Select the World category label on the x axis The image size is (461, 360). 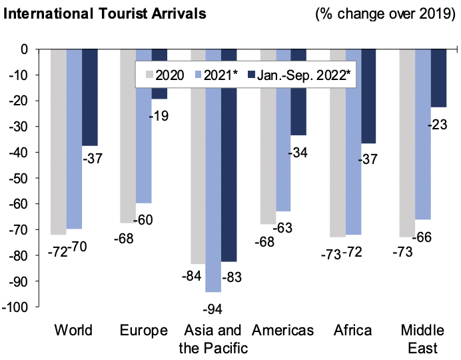tap(73, 331)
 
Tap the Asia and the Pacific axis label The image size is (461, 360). tap(213, 339)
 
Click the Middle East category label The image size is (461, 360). tap(420, 339)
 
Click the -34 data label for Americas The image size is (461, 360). tap(298, 153)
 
